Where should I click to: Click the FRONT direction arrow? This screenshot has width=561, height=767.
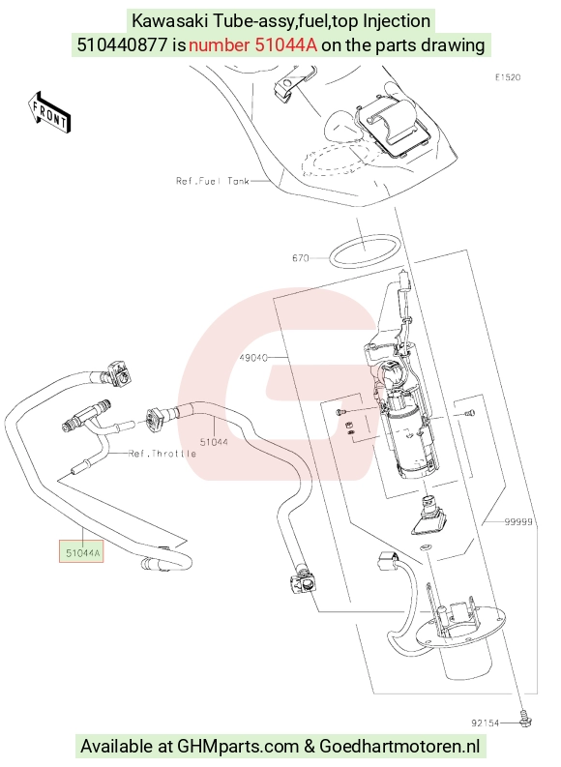tap(49, 113)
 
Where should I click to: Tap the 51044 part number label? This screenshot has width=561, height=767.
tap(214, 442)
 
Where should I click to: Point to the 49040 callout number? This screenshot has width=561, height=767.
tap(253, 358)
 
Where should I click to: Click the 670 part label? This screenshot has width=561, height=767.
tap(300, 258)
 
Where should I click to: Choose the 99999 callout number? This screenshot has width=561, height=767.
tap(518, 522)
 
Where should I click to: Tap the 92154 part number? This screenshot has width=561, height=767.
tap(486, 723)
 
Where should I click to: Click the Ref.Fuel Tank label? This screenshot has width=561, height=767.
tap(213, 181)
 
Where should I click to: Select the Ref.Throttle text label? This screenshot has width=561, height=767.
tap(162, 454)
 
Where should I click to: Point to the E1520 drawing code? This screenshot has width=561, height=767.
tap(508, 77)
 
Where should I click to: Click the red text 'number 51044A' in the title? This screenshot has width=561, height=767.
tap(252, 45)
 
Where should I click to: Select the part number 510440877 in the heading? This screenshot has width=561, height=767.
tap(122, 45)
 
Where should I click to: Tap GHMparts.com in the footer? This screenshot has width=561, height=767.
tap(238, 747)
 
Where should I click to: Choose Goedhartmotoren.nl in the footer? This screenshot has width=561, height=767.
tap(399, 747)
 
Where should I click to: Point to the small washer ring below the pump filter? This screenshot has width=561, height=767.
tap(426, 546)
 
